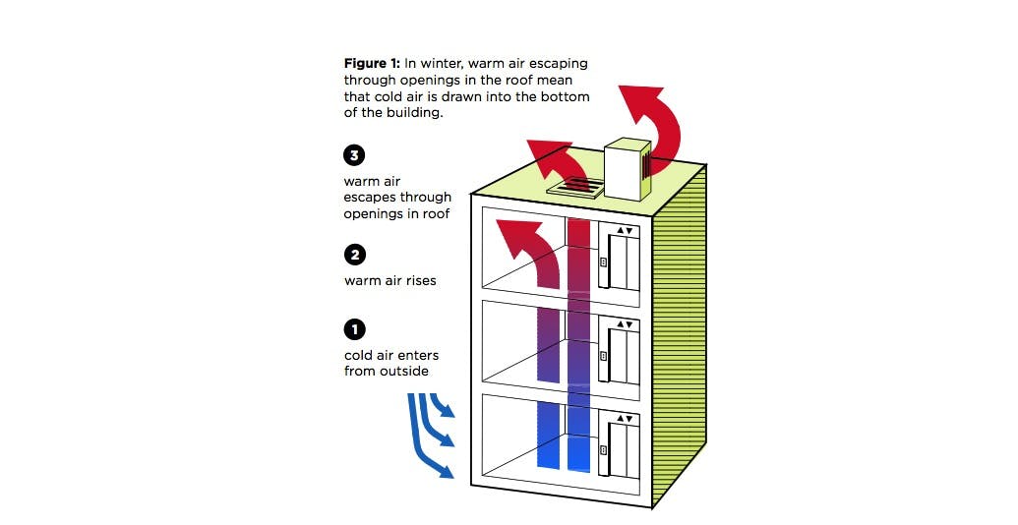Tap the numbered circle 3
[x=354, y=155]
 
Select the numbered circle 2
[x=354, y=255]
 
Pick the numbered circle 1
[x=354, y=329]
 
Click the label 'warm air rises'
[x=389, y=280]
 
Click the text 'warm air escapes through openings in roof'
[x=397, y=198]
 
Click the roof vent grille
[x=576, y=187]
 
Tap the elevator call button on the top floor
[x=602, y=264]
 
